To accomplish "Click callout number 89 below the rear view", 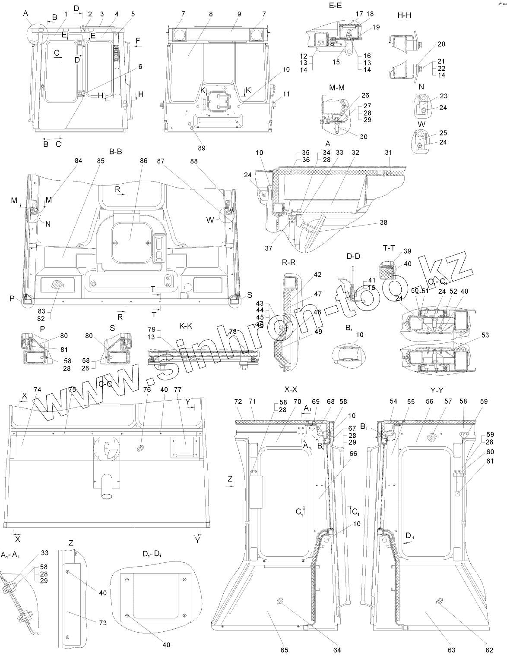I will [x=201, y=148].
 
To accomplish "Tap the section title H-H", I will [x=405, y=16].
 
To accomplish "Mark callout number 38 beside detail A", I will [x=383, y=223].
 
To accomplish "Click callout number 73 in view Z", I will [x=102, y=623].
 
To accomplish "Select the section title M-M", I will [x=336, y=87].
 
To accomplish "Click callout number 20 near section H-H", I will [x=441, y=44].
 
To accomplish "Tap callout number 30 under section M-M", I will [x=364, y=137].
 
